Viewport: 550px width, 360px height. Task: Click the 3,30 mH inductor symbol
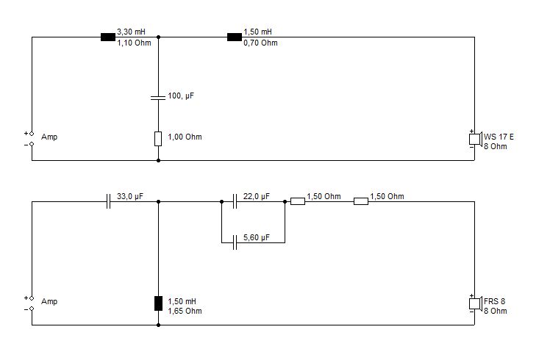[108, 37]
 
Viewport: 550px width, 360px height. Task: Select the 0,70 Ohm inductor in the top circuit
[235, 37]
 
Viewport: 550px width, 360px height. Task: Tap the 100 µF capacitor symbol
[158, 97]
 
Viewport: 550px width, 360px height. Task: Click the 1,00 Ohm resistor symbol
[158, 139]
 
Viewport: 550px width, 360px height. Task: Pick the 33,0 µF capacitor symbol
[108, 201]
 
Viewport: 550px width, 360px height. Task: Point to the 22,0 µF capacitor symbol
[235, 201]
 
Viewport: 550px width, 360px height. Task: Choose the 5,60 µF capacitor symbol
[235, 242]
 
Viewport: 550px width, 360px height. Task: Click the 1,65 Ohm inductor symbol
[158, 303]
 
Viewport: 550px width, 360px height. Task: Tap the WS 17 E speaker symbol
[476, 139]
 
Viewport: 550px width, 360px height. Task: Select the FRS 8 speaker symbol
[476, 303]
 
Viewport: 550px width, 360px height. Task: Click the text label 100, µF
[181, 96]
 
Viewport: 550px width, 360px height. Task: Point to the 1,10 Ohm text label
[134, 43]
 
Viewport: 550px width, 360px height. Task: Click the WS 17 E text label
[499, 137]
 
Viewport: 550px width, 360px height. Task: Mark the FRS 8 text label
[494, 301]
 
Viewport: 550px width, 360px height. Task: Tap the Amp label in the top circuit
[49, 137]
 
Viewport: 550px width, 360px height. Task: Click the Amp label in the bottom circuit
[49, 301]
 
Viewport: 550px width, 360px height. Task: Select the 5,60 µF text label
[257, 237]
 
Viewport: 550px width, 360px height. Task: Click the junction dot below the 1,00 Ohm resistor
[158, 161]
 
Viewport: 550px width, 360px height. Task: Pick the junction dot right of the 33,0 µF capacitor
[158, 201]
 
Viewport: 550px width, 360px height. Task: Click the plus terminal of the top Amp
[32, 134]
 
